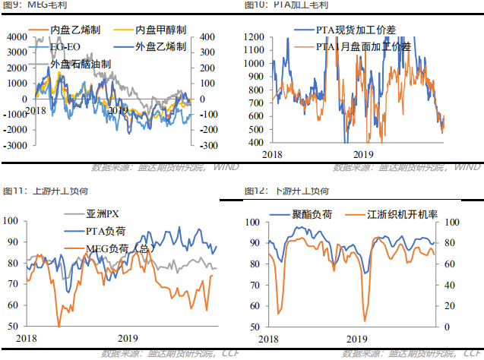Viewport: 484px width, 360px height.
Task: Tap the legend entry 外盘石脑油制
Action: click(x=77, y=65)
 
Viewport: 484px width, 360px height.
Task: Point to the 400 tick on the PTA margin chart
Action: click(x=257, y=142)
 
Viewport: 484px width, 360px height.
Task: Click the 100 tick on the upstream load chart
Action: click(x=12, y=221)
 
